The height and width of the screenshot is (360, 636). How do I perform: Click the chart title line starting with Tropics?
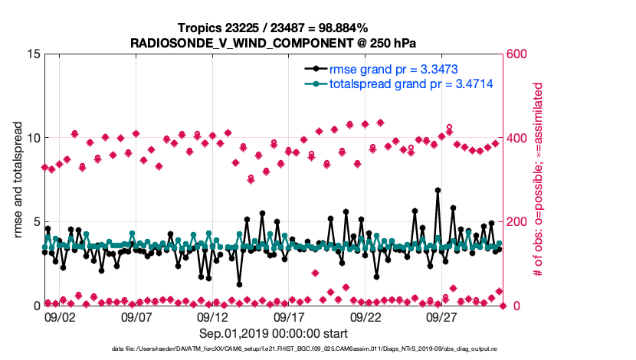coord(273,28)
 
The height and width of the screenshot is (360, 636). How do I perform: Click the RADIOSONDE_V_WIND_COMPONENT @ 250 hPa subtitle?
coord(273,42)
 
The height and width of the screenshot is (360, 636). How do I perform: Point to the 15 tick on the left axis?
coord(32,54)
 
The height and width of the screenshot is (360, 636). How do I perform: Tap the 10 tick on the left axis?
coord(32,139)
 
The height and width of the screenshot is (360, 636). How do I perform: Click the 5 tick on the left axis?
coord(35,222)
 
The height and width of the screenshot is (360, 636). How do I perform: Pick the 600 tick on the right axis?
coord(517,54)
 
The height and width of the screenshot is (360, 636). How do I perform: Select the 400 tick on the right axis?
coord(517,139)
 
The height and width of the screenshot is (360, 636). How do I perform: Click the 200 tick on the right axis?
coord(517,222)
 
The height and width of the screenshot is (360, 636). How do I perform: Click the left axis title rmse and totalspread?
coord(18,180)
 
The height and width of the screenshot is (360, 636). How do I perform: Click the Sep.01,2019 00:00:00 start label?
coord(274,334)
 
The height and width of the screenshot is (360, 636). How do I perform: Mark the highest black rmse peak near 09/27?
coord(438,190)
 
